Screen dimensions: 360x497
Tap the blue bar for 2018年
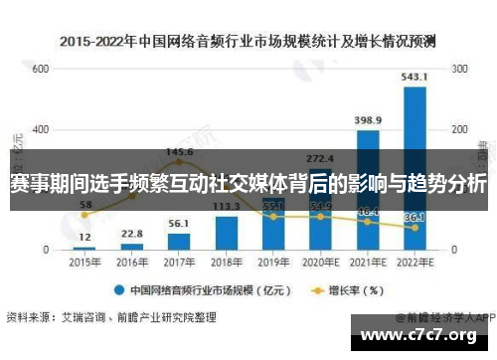pos(227,232)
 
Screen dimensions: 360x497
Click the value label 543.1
pos(414,77)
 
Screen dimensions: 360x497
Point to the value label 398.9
pos(368,120)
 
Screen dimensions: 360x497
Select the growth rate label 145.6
pos(179,152)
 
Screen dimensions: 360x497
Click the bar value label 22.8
pos(131,234)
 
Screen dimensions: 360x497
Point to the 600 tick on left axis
pos(40,70)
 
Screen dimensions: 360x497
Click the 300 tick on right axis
pos(460,70)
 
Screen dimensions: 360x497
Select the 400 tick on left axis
pos(40,130)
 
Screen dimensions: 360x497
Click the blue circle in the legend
pos(118,291)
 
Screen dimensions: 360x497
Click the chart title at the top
pos(248,42)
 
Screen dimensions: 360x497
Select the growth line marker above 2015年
pos(84,214)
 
